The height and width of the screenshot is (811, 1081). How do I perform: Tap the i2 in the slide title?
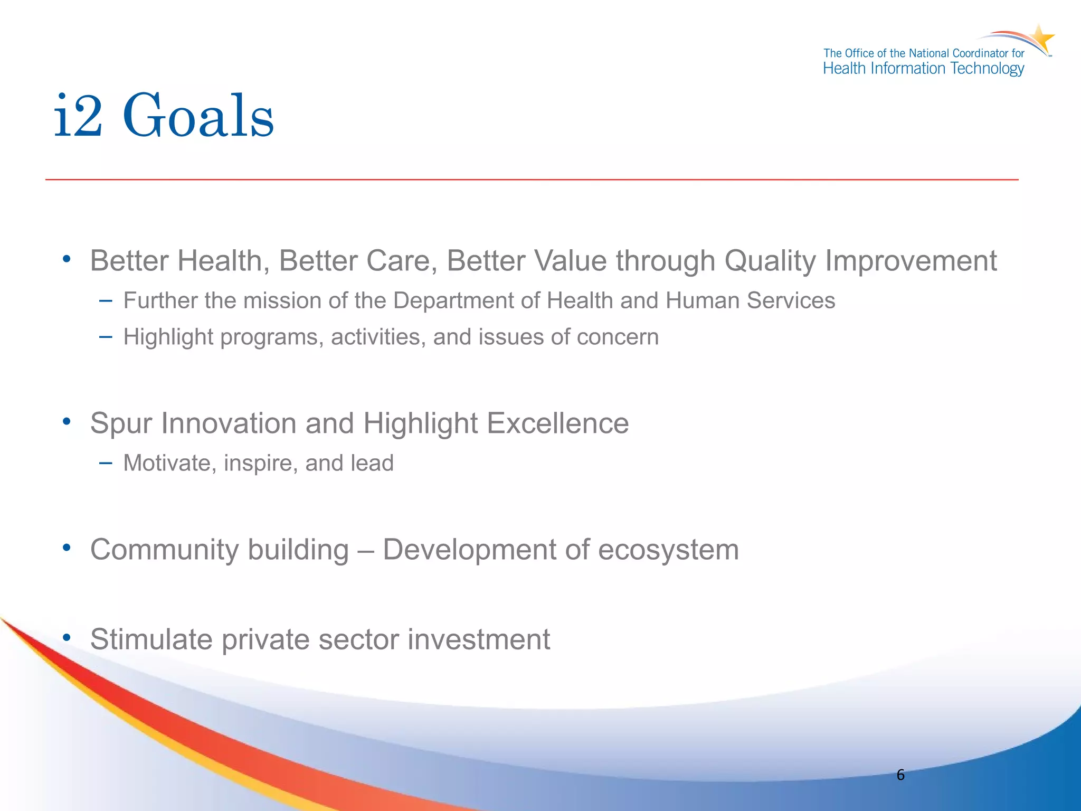78,116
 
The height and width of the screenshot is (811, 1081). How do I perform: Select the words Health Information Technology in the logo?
923,69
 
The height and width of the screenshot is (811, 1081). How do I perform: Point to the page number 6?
900,775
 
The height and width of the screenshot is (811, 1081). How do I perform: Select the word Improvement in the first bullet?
911,261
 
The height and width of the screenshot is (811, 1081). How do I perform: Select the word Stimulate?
151,639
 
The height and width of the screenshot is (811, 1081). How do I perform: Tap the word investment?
479,639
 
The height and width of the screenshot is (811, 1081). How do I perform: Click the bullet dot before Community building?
67,548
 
